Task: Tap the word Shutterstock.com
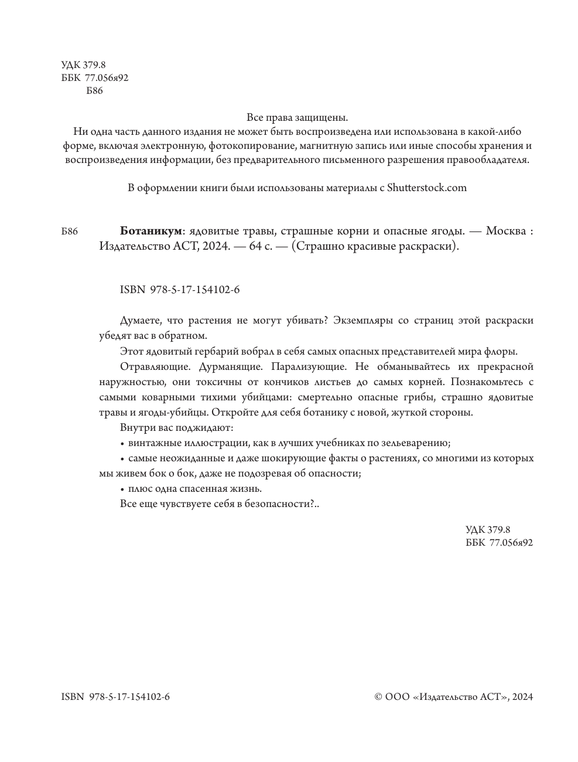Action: tap(427, 188)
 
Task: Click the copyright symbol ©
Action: tap(378, 697)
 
